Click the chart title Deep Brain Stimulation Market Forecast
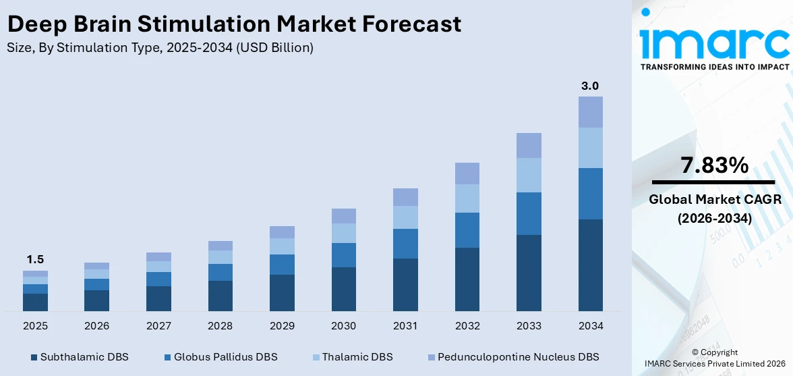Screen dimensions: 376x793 234,24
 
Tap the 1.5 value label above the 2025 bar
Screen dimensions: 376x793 35,259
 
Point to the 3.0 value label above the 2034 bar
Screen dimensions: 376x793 590,86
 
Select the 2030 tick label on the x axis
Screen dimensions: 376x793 343,326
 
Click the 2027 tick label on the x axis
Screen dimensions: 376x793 158,326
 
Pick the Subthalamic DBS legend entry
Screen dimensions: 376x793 79,356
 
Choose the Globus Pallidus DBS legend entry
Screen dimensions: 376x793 220,356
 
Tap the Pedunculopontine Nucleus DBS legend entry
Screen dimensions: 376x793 512,356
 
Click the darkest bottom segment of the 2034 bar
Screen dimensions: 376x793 590,265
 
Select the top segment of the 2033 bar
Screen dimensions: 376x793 529,145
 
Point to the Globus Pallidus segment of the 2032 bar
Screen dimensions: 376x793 467,230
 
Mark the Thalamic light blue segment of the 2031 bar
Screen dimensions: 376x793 405,217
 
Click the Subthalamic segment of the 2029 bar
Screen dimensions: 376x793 282,292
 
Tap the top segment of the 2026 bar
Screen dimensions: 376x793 96,266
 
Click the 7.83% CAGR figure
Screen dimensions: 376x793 714,165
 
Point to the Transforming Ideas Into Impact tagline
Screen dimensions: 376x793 714,67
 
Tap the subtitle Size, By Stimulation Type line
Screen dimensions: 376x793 160,48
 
